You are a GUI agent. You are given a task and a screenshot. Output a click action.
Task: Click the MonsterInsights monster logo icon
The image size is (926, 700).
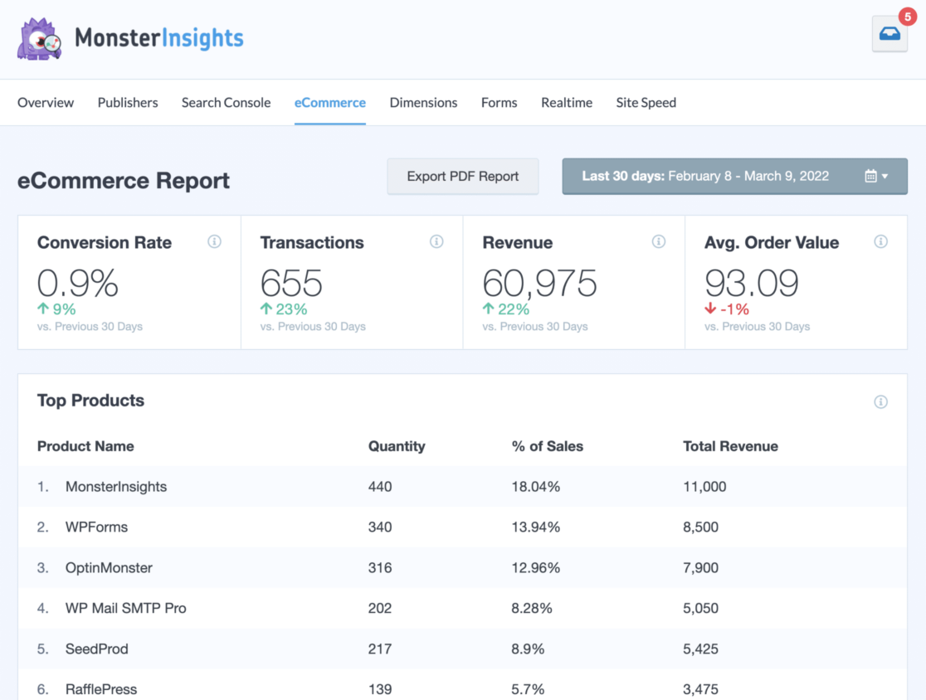(x=39, y=39)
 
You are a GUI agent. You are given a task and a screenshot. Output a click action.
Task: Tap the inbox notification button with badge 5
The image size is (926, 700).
(x=889, y=35)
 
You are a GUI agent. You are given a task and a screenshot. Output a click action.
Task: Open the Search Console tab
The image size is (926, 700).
(x=226, y=103)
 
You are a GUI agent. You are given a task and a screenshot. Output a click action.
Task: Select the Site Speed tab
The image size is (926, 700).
(x=646, y=103)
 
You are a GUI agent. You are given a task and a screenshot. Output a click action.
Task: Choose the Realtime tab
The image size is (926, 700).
(x=567, y=103)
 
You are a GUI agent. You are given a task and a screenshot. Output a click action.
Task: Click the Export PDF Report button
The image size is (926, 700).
(x=462, y=177)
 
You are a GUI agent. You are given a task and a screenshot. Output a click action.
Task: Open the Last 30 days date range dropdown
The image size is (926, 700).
(x=734, y=177)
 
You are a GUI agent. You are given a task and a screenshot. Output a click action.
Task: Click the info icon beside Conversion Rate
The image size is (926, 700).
(x=214, y=242)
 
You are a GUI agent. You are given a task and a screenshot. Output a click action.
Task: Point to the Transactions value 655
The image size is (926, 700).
(x=291, y=284)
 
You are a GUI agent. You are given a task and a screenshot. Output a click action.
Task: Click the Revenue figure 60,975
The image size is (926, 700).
(x=539, y=284)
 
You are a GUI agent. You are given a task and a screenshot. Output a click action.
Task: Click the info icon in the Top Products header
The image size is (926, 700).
(x=880, y=402)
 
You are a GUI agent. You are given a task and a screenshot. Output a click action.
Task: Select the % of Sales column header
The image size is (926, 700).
(x=547, y=446)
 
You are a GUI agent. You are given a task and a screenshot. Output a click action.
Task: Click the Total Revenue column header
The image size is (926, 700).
(x=730, y=446)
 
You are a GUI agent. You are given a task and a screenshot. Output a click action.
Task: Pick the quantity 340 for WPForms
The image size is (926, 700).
(x=380, y=527)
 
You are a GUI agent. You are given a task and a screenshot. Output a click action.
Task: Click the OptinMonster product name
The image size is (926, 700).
(x=109, y=568)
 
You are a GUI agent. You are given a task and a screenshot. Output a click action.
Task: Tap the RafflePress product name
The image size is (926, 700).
(x=101, y=689)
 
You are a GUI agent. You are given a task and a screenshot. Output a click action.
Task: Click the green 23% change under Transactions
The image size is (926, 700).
(x=285, y=309)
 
